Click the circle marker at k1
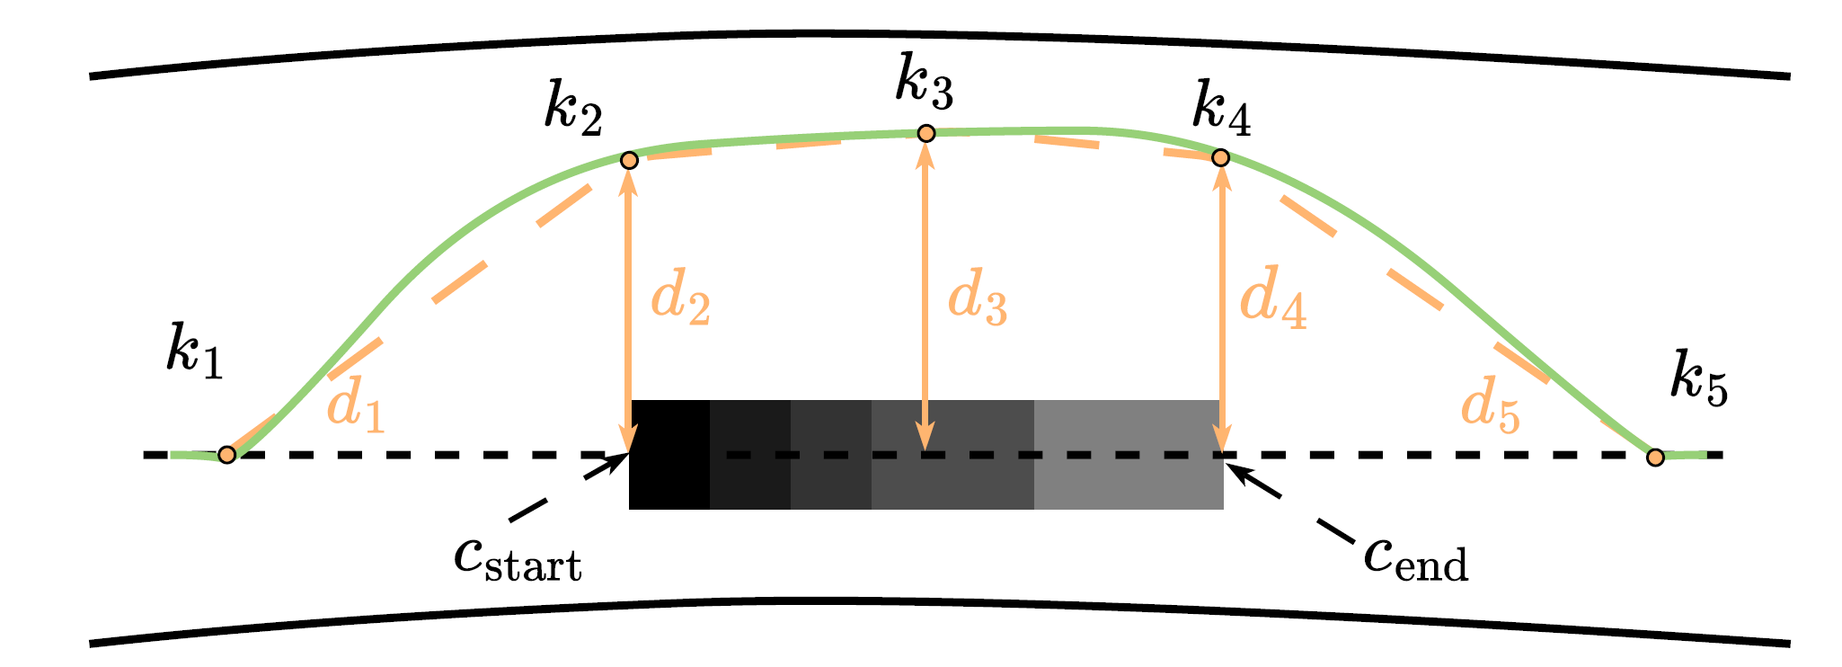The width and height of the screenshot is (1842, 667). (227, 455)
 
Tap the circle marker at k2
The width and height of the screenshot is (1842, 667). (629, 160)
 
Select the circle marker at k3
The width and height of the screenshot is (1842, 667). (926, 133)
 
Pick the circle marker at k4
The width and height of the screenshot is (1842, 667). (1220, 157)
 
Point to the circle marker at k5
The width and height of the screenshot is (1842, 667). (1655, 458)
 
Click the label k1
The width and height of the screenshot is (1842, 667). (194, 350)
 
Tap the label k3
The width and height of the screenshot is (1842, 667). (924, 84)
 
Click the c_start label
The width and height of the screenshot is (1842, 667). (518, 560)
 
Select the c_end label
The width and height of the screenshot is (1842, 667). (1415, 560)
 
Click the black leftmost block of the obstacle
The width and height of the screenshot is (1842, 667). (669, 454)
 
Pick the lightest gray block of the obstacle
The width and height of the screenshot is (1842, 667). (1128, 454)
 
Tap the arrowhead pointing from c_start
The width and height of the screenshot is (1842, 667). (619, 461)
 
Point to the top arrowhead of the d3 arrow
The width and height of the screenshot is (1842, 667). (926, 153)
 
